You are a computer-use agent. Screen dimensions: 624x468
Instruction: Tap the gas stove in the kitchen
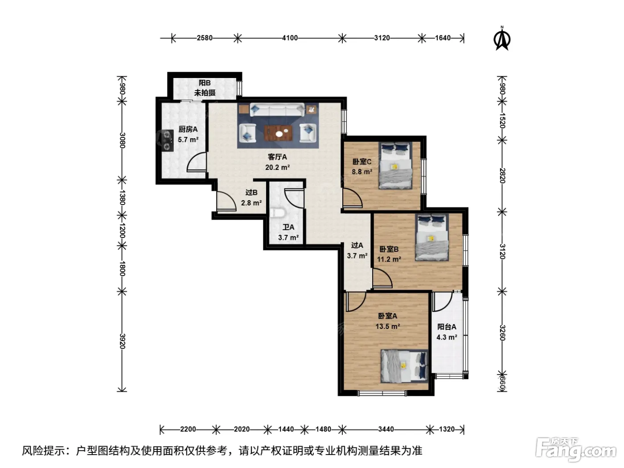pos(168,140)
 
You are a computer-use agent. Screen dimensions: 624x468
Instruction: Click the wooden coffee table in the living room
pos(278,133)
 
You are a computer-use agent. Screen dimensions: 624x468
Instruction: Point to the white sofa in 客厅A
pos(277,109)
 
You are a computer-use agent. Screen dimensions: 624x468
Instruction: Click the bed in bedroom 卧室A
pos(404,365)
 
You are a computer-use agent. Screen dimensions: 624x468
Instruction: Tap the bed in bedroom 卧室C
pos(395,165)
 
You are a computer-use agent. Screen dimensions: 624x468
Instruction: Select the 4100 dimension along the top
pos(290,38)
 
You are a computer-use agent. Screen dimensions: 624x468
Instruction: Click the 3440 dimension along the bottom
pos(386,429)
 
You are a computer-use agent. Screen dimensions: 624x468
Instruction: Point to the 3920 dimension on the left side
pos(122,341)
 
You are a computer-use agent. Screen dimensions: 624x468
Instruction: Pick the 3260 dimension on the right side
pos(502,333)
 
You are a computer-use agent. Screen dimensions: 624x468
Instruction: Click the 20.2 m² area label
pos(278,168)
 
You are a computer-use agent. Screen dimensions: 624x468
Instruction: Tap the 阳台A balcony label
pos(447,327)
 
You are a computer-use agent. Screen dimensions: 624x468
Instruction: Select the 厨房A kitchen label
pos(188,129)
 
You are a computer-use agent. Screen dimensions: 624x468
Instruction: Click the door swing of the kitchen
pos(196,162)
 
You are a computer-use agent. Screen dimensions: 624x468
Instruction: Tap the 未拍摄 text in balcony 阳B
pos(205,93)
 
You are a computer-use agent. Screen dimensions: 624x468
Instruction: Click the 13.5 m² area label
pos(388,326)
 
